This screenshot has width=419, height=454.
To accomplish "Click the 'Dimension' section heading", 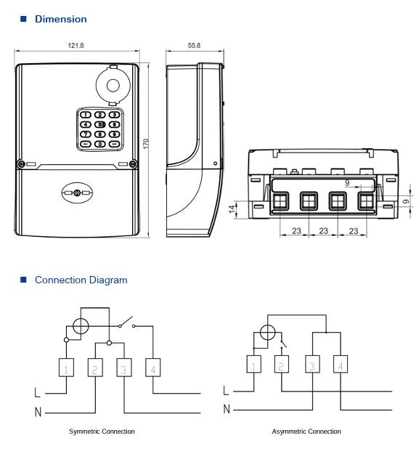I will tap(60, 19).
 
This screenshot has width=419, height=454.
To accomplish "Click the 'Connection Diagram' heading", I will tap(81, 280).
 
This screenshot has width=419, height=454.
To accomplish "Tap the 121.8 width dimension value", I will tap(76, 46).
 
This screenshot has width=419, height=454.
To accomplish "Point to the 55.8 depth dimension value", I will tap(194, 46).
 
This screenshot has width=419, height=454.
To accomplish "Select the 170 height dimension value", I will tap(146, 144).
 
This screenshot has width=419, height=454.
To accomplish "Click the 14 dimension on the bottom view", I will tap(232, 209).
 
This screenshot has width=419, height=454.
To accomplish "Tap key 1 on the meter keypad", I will tap(86, 115).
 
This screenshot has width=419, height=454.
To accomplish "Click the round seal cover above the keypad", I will tap(112, 85).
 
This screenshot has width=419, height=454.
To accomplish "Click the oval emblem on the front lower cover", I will tap(78, 192).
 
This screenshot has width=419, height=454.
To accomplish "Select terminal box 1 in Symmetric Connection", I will tap(67, 370).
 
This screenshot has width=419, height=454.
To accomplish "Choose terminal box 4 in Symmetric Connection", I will tap(152, 370).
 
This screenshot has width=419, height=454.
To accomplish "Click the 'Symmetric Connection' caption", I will tap(102, 431).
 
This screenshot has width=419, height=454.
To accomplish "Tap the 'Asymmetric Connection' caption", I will tap(306, 431).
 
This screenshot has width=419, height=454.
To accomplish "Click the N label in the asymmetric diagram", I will tap(227, 410).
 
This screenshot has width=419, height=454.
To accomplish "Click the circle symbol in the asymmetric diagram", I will tap(268, 333).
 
